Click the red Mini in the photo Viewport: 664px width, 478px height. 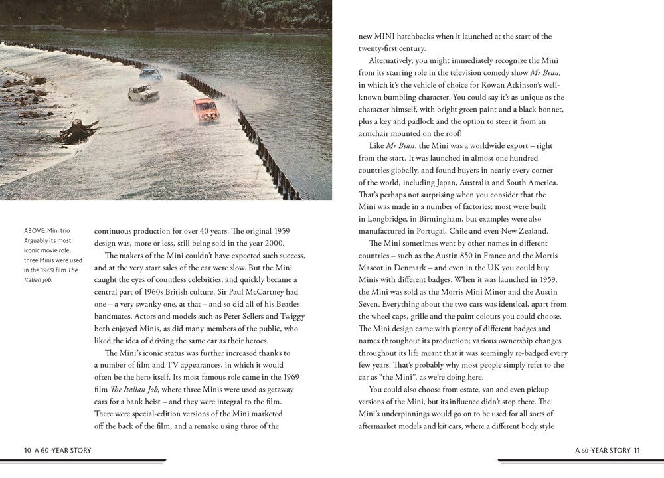tap(206, 109)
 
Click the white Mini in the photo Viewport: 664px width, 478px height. tap(143, 92)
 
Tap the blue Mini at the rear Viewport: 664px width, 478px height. tap(151, 74)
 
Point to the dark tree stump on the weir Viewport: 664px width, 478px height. tap(78, 131)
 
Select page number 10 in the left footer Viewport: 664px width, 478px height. tap(27, 450)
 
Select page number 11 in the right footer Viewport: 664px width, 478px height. tap(637, 450)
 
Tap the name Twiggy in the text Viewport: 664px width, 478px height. tap(291, 316)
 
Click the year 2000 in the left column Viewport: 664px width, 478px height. tap(290, 243)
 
